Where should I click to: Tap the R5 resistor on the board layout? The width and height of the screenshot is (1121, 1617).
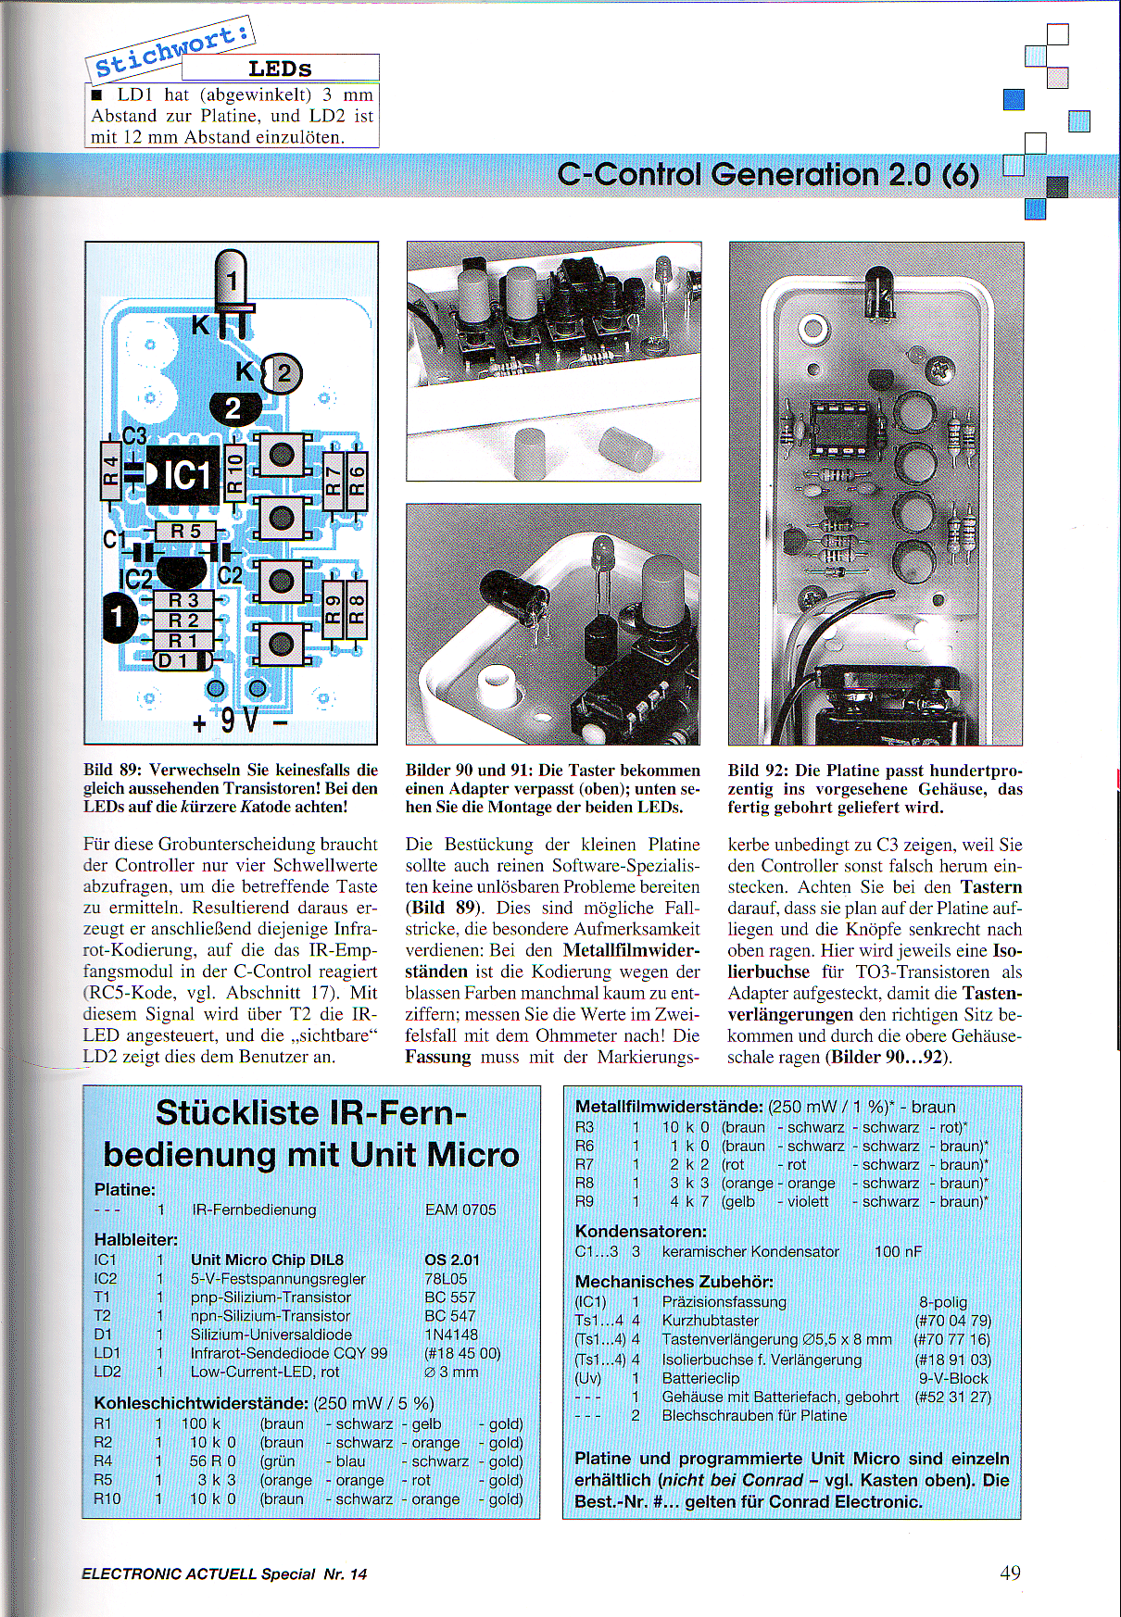[185, 531]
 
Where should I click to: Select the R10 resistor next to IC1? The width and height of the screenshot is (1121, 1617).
[234, 473]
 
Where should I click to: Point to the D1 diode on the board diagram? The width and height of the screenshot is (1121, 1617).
[173, 660]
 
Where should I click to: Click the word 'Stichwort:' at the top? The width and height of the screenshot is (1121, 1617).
[172, 49]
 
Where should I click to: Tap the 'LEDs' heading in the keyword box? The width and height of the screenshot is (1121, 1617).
[280, 69]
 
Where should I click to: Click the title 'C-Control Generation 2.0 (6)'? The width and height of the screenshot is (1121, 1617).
[768, 174]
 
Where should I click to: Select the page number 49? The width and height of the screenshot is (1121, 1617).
[1010, 1573]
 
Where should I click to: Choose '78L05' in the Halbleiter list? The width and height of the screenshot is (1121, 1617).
[446, 1279]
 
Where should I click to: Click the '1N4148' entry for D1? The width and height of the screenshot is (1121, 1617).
[451, 1335]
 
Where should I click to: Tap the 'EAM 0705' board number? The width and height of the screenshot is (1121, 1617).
[460, 1210]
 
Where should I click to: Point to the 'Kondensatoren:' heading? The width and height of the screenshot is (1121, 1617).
[641, 1231]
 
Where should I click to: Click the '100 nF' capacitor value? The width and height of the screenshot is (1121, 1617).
[898, 1251]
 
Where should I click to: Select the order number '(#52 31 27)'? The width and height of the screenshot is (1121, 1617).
[952, 1397]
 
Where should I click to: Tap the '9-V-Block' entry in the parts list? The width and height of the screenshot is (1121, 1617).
[953, 1378]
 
